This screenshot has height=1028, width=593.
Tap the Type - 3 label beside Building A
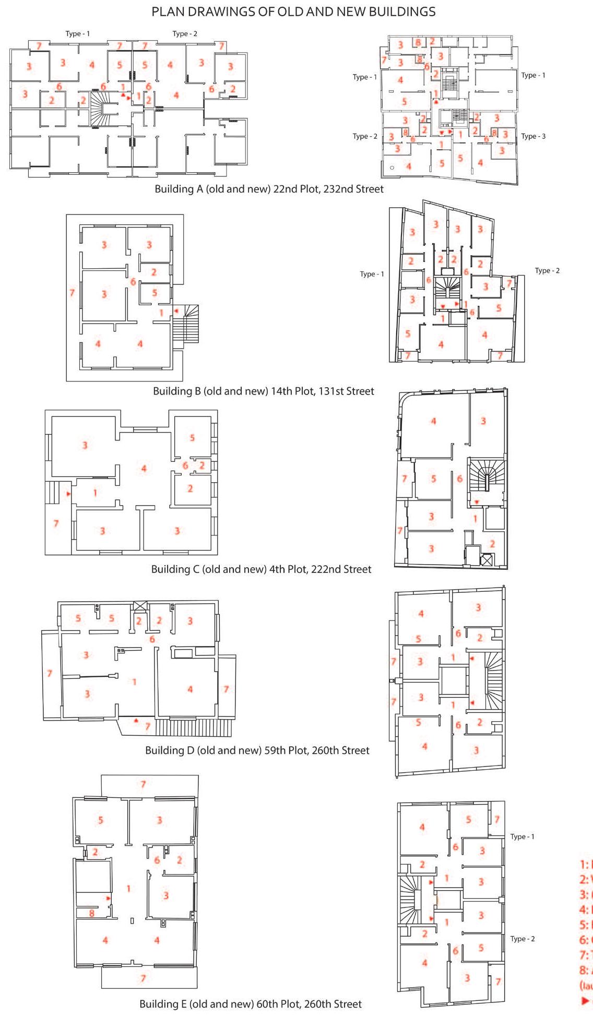[533, 136]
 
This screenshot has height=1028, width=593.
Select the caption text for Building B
[263, 391]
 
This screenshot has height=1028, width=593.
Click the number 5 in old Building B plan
[155, 293]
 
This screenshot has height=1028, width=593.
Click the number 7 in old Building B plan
[72, 293]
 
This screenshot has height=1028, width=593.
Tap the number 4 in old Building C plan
[144, 468]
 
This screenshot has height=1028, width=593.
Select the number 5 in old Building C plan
[192, 437]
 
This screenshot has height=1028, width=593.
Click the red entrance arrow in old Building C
[68, 493]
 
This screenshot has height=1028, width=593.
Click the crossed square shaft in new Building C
[487, 560]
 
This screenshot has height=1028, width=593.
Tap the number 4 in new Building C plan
[433, 421]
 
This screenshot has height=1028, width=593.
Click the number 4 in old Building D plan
[190, 689]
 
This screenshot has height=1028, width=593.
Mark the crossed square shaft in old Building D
[140, 606]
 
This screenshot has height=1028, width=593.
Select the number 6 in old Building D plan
[152, 639]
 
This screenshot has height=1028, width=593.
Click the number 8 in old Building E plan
[92, 913]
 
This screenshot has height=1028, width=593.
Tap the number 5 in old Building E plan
[101, 820]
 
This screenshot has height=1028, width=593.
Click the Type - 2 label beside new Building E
[522, 939]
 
